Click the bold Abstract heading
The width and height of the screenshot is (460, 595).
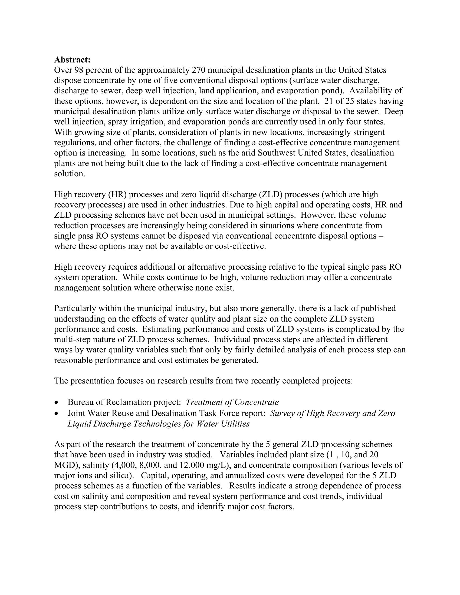click(x=72, y=60)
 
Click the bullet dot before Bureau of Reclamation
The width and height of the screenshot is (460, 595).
click(x=56, y=402)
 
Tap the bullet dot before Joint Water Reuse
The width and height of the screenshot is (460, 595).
click(x=56, y=414)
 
